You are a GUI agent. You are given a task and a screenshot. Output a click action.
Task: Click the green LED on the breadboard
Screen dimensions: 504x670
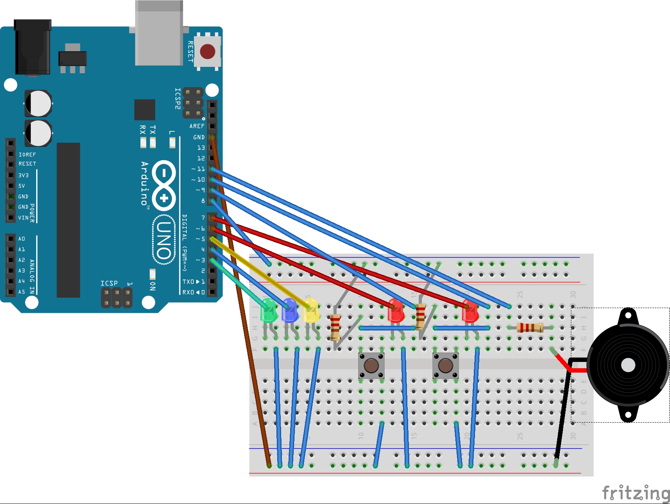269,311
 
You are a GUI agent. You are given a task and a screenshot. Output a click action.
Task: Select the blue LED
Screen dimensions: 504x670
290,311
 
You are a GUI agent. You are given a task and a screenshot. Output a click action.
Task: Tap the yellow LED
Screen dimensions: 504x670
311,311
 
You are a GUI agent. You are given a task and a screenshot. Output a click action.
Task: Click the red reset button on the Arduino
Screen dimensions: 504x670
208,52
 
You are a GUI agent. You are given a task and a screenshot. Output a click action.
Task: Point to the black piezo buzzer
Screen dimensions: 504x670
628,365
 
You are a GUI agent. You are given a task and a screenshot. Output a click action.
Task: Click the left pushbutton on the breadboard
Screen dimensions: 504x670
371,366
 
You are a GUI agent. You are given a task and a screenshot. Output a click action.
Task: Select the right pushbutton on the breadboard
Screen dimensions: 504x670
445,366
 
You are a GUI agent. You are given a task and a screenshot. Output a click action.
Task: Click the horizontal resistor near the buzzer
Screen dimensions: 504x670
530,327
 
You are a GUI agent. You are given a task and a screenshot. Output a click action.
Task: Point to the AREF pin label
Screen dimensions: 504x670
197,126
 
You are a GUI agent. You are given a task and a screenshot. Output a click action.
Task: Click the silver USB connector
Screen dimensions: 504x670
159,33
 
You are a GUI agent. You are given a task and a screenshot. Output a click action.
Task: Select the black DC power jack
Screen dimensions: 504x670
33,47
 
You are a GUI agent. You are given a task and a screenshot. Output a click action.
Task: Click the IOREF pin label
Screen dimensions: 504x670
27,155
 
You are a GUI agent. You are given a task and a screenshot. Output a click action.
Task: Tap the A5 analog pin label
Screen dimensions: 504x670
22,292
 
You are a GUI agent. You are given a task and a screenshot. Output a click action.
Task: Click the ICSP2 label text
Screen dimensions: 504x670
178,98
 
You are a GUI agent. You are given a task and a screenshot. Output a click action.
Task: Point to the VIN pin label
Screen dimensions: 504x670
23,218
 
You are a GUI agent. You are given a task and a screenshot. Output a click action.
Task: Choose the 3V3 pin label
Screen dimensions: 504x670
23,175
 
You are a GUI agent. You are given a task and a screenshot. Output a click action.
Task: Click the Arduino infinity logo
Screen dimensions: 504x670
164,185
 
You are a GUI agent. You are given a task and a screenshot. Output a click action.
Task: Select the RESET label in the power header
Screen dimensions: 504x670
27,164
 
